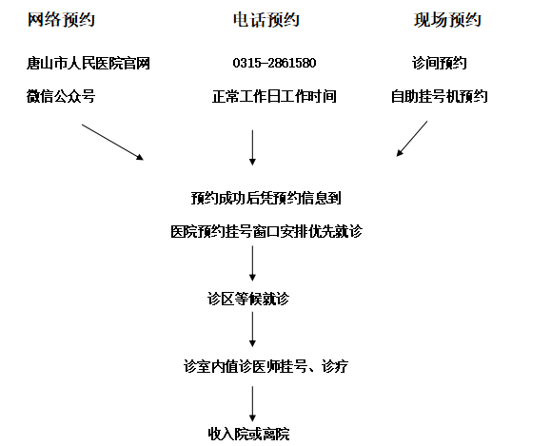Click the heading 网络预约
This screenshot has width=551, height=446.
tap(61, 20)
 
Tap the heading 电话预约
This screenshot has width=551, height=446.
tap(266, 20)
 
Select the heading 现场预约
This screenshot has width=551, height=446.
tap(447, 20)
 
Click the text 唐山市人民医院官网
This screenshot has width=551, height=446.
tap(89, 64)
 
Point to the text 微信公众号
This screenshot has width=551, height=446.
tap(61, 96)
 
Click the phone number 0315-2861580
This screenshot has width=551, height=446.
tap(274, 63)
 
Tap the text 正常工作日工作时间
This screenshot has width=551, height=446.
tap(274, 96)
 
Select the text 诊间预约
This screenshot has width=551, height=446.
tap(440, 64)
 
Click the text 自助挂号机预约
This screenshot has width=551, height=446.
tap(440, 96)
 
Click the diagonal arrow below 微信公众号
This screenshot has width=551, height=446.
tap(113, 143)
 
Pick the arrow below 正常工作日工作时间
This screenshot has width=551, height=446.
tap(252, 147)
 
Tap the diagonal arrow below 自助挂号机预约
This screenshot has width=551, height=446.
tap(412, 139)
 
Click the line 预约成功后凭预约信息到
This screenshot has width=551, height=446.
tap(266, 198)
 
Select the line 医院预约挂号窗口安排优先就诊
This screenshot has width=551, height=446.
tap(266, 231)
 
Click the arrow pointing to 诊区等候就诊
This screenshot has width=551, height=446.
tap(252, 263)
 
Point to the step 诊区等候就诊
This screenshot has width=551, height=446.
tap(248, 300)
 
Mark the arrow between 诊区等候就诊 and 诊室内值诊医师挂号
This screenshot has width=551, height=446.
tap(252, 329)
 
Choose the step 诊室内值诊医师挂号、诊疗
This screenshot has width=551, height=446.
tap(266, 366)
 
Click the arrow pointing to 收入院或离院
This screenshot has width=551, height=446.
tap(252, 404)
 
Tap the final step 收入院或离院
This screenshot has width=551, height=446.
tap(248, 434)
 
